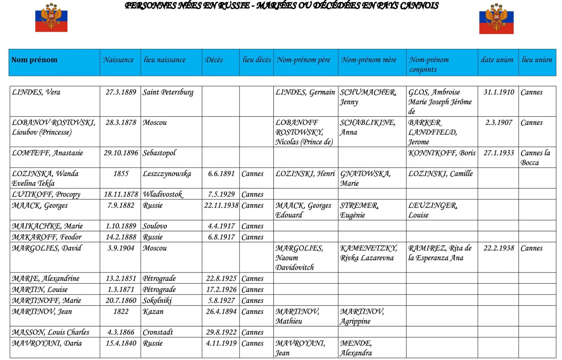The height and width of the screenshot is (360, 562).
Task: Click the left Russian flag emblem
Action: point(51,17)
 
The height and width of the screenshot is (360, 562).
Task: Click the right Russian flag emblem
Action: point(496,19)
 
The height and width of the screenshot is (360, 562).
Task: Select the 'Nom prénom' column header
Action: point(34,60)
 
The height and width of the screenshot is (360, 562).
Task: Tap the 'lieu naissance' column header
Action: point(165,60)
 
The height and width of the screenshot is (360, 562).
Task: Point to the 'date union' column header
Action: point(497,60)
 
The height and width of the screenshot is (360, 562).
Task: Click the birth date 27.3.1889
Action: point(121,92)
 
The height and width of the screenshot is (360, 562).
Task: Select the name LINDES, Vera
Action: point(36,92)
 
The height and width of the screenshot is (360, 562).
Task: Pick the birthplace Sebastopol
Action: point(159,153)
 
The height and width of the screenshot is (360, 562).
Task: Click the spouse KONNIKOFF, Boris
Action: point(442,153)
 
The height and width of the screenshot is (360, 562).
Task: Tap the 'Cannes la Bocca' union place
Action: point(535,158)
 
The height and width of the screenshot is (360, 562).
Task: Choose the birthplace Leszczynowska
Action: point(167,174)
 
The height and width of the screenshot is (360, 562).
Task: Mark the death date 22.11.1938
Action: point(221,206)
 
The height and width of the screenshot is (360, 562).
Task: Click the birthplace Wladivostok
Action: point(163,194)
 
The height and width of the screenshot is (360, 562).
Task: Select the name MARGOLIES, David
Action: point(47,248)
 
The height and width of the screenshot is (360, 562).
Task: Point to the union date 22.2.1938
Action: point(498,248)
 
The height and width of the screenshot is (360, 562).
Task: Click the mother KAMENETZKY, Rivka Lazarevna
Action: point(368,253)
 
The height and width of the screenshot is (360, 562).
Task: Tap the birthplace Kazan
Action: point(153,312)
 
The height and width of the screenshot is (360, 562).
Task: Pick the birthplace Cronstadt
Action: point(158,332)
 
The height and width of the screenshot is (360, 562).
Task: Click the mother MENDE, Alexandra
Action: point(356,348)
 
